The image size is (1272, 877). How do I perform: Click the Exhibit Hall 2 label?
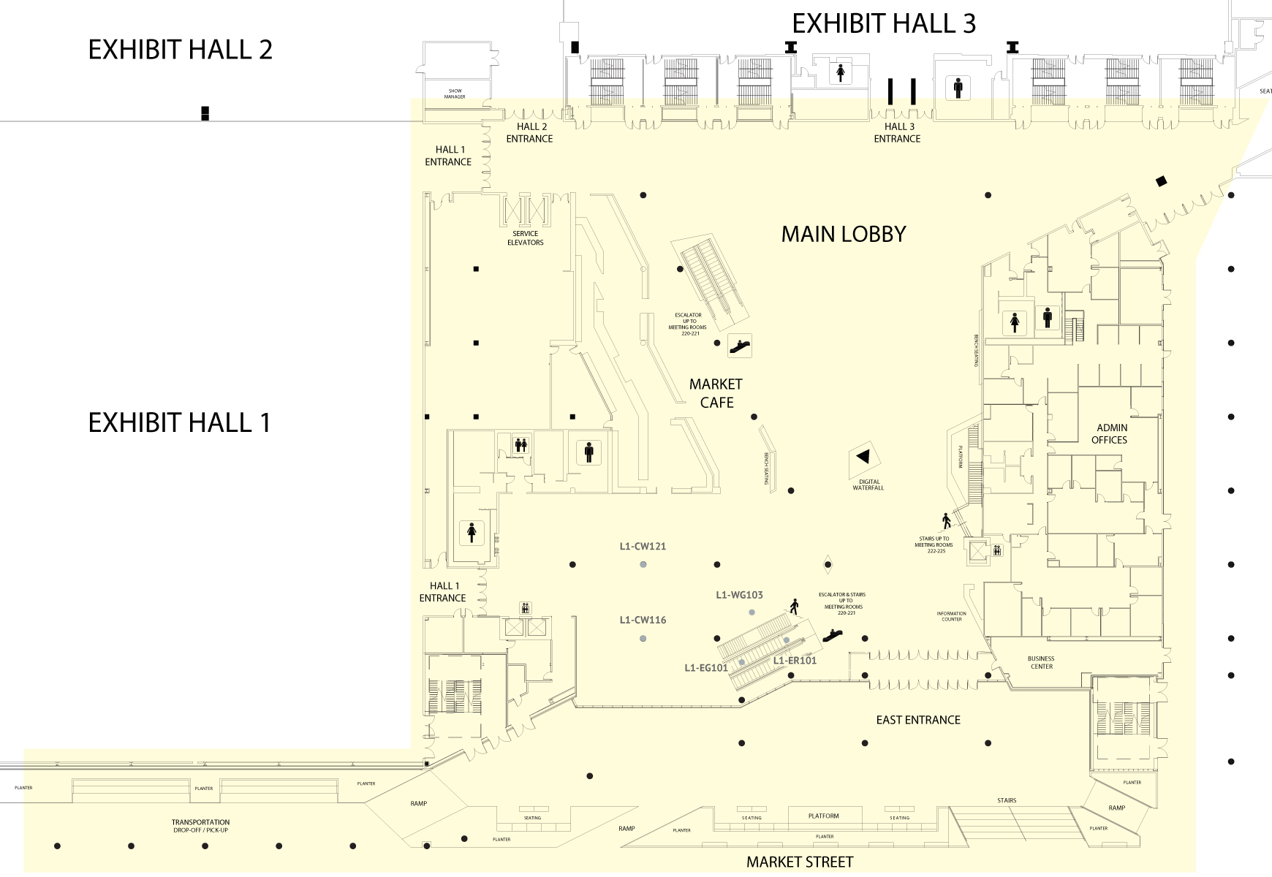(180, 50)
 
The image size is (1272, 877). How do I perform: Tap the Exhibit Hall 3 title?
(884, 23)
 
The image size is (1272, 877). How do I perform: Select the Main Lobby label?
(844, 234)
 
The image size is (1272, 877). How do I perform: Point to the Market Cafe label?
(716, 393)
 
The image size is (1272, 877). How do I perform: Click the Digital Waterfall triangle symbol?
(863, 457)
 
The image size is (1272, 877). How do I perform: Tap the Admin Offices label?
(1109, 433)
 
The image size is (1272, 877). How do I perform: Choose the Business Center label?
(1041, 662)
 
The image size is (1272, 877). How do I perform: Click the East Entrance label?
(918, 720)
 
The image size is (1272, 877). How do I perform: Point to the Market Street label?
(800, 862)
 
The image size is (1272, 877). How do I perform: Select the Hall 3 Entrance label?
(897, 132)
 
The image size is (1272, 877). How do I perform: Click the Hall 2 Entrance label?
(529, 132)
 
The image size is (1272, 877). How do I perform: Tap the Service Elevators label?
(525, 238)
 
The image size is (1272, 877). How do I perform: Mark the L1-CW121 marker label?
(643, 546)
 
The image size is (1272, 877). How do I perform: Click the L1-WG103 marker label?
(739, 595)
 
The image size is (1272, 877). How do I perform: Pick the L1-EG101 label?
(706, 667)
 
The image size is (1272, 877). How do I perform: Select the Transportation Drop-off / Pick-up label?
(201, 826)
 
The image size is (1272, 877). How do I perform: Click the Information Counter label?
(951, 617)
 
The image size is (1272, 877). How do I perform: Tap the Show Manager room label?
(455, 94)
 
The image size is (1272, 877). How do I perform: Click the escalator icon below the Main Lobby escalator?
(740, 346)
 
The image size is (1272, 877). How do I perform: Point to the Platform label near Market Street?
(823, 816)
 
